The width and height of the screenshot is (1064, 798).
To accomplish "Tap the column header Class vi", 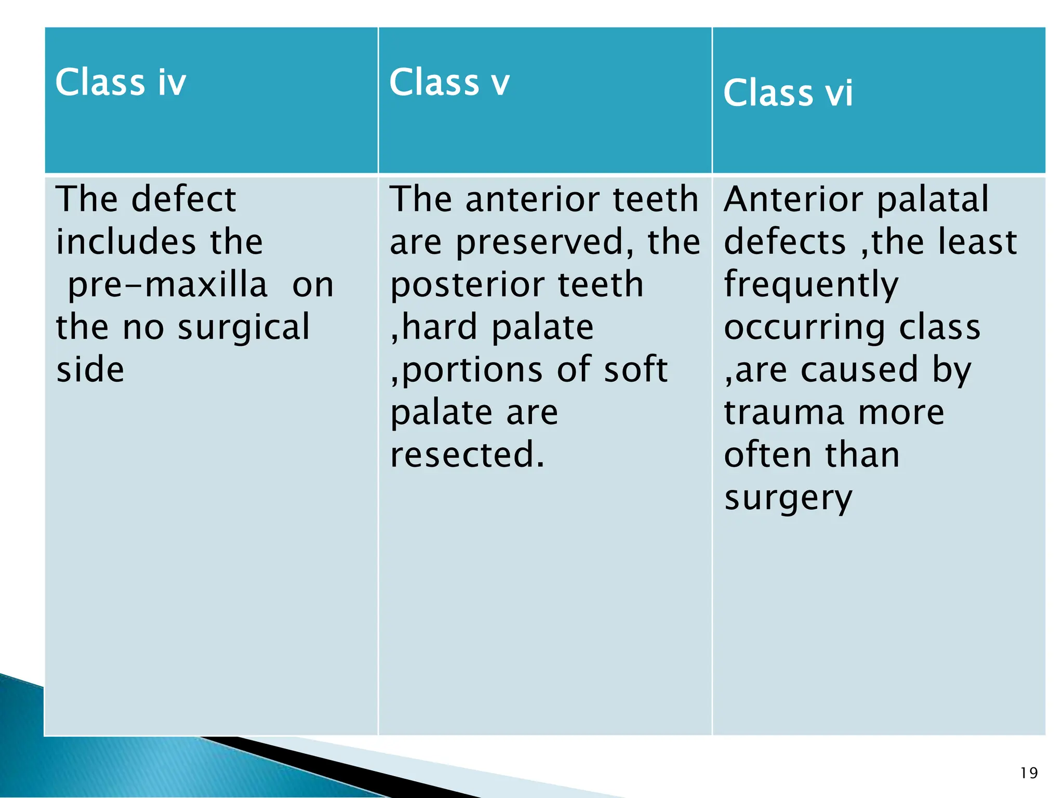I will click(x=788, y=93).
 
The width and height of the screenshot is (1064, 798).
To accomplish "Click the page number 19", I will click(x=1029, y=773).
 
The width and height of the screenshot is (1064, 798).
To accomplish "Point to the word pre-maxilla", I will click(x=167, y=285).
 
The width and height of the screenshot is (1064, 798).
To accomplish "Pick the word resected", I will click(x=467, y=455).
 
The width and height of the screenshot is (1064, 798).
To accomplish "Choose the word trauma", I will click(x=784, y=413).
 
